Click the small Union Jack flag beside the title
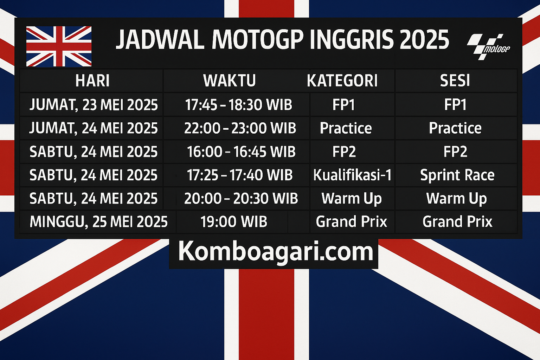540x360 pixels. point(59,46)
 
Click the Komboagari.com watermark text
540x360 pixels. point(276,252)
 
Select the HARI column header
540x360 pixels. point(92,81)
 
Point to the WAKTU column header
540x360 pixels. point(229,81)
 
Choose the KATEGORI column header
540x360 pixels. point(342,81)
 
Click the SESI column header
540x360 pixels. point(455,81)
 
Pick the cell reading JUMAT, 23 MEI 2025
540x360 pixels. point(94,105)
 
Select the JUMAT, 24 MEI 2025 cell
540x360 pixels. point(94,128)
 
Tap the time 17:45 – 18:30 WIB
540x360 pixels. point(239,105)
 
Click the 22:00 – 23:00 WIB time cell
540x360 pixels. point(240,128)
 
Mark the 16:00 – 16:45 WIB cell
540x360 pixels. point(241,152)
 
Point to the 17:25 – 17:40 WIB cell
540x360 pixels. point(240,175)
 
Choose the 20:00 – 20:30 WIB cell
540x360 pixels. point(241,198)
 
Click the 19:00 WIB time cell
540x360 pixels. point(234,221)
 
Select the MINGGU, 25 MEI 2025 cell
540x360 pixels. point(98,222)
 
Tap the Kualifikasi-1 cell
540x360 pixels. point(352,175)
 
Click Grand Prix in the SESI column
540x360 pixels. point(457,221)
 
